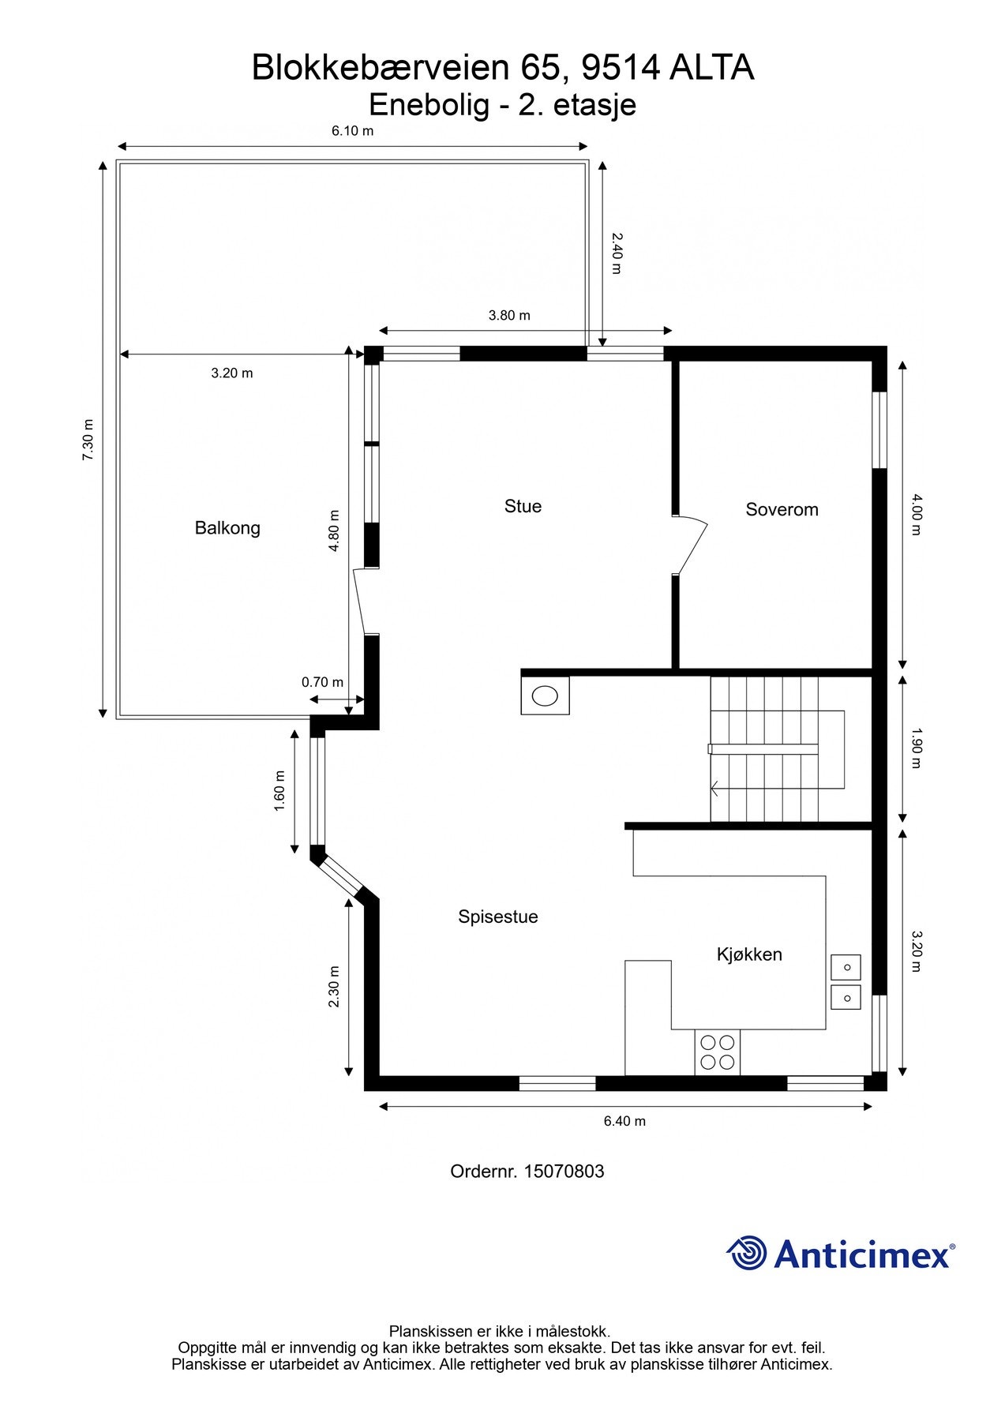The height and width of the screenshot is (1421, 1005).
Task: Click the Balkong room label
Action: [227, 527]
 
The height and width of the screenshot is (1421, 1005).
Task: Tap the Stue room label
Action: [523, 506]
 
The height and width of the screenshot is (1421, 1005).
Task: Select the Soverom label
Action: [782, 509]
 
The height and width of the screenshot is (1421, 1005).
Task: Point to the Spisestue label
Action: [497, 917]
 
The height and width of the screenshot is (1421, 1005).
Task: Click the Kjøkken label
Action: [749, 954]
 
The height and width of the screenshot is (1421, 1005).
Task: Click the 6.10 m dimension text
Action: [352, 131]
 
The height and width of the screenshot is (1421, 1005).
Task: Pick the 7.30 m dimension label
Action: [88, 441]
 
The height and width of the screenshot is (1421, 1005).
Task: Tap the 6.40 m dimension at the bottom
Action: [624, 1121]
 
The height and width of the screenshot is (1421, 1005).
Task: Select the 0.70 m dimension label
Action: [322, 682]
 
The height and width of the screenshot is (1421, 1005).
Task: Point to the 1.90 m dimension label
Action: [916, 748]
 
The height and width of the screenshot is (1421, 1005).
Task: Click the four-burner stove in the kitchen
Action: [718, 1052]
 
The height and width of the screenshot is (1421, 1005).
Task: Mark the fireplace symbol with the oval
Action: [545, 696]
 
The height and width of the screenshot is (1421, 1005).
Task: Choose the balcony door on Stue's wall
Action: [360, 601]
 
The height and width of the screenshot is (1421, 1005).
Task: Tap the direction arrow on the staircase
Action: [715, 787]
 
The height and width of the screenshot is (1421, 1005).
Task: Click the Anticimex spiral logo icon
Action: [746, 1253]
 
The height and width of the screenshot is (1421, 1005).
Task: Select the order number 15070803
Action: [564, 1171]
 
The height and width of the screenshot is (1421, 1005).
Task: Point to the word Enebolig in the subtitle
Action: [429, 104]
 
